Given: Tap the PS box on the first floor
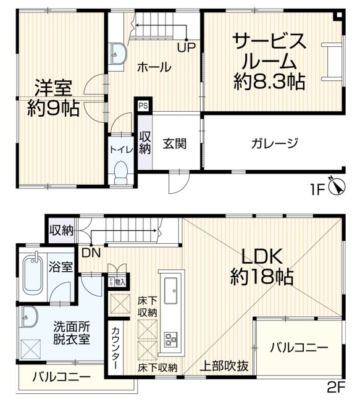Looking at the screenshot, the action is [143, 106].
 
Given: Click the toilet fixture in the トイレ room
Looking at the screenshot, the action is [121, 173].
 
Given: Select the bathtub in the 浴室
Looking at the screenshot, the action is [33, 275].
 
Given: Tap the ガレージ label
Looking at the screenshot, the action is [275, 143].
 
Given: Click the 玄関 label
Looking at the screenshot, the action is [175, 143].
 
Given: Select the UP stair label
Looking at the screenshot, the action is [186, 48].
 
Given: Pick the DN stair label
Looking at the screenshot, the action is [91, 253].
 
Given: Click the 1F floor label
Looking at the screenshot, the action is [318, 190].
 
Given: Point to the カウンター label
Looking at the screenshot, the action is [115, 348].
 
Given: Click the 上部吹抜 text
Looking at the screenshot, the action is [224, 366].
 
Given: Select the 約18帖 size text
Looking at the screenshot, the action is [262, 277].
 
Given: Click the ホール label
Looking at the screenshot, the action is [154, 67].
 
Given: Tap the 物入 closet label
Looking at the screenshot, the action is [120, 282].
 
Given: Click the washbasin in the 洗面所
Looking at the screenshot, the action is [29, 316].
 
